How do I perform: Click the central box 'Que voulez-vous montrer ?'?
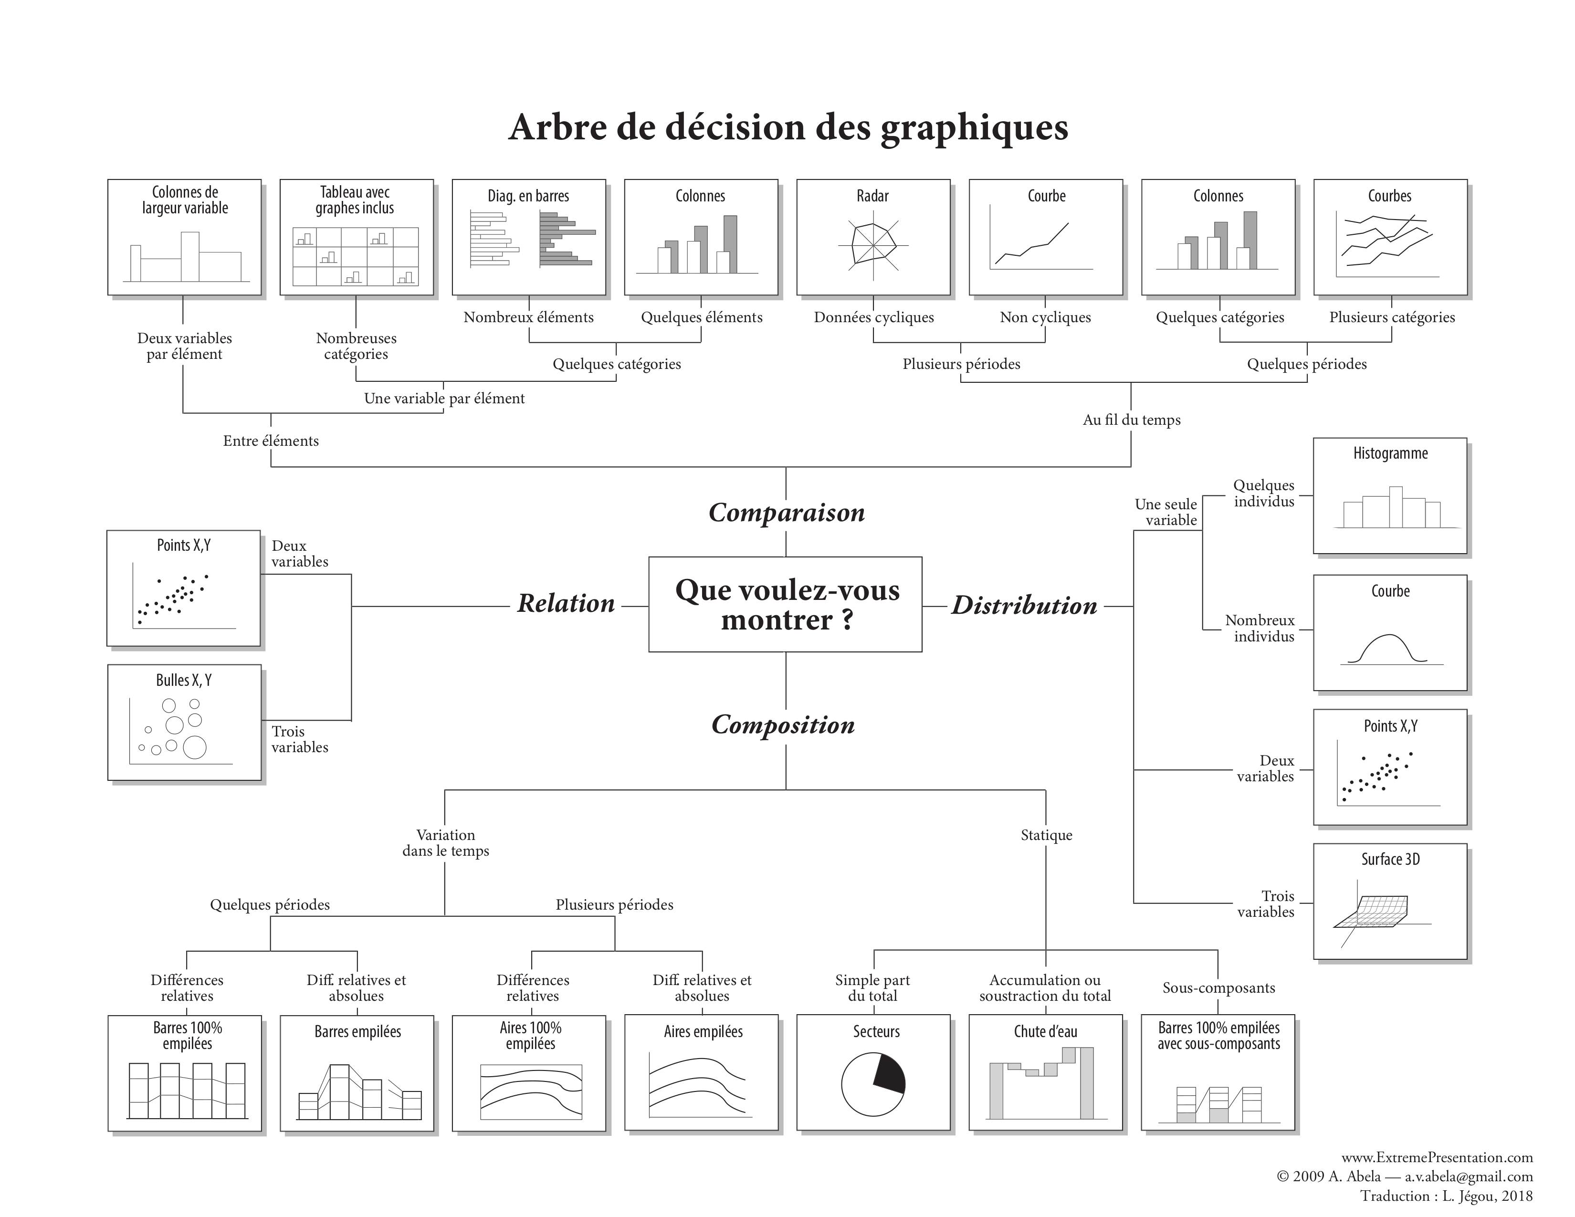click(785, 604)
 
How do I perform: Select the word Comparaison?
click(786, 513)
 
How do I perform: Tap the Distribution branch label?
click(1024, 606)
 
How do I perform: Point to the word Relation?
click(566, 603)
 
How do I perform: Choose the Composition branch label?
click(783, 724)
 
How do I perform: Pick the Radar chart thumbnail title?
click(872, 196)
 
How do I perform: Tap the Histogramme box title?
click(1390, 453)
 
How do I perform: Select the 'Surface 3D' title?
click(1390, 860)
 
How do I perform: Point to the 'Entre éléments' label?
click(271, 441)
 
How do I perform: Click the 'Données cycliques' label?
click(873, 317)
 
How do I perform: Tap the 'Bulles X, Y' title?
click(184, 681)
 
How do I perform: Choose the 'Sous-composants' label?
click(1218, 988)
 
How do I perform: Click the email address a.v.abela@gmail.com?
click(1468, 1176)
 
